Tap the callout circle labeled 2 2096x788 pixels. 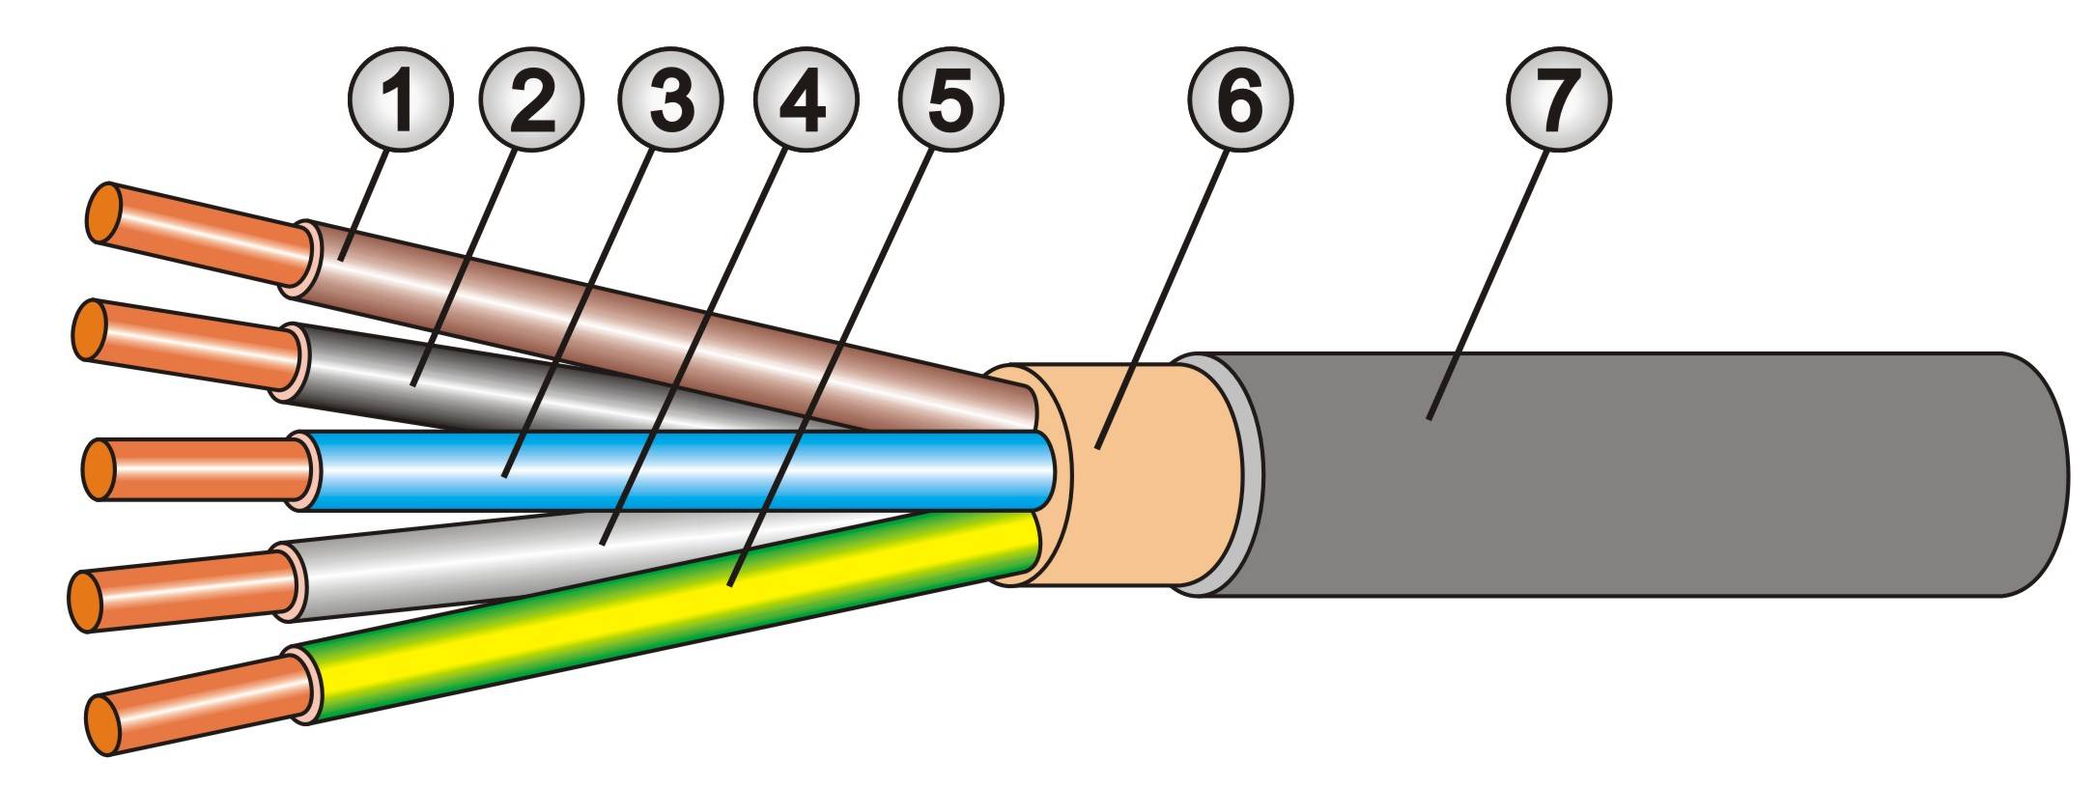click(x=532, y=99)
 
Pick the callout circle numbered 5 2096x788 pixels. click(x=950, y=99)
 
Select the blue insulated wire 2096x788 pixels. click(x=676, y=470)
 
